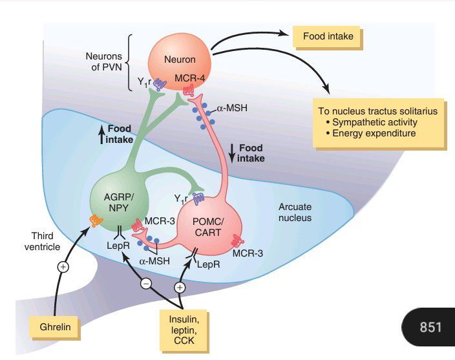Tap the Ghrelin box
(59, 328)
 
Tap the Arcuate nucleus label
(295, 213)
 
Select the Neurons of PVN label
(103, 61)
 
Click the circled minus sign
(146, 283)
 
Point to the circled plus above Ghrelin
(63, 266)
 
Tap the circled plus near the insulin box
(180, 286)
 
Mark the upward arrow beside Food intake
(101, 134)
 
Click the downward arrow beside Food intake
(231, 153)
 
